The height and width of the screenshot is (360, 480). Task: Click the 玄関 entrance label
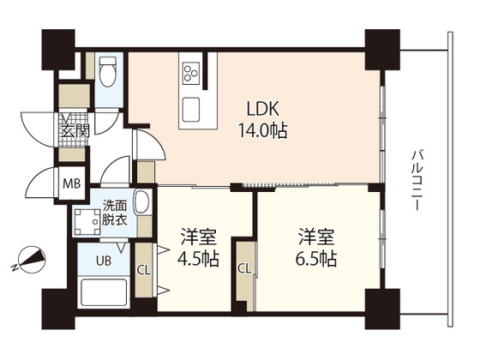[x=73, y=130]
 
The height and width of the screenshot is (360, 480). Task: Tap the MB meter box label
[x=71, y=182]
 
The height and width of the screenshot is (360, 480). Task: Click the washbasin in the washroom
[x=142, y=205]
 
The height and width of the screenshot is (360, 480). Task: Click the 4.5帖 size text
[x=198, y=258]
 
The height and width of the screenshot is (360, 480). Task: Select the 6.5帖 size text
[x=316, y=258]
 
